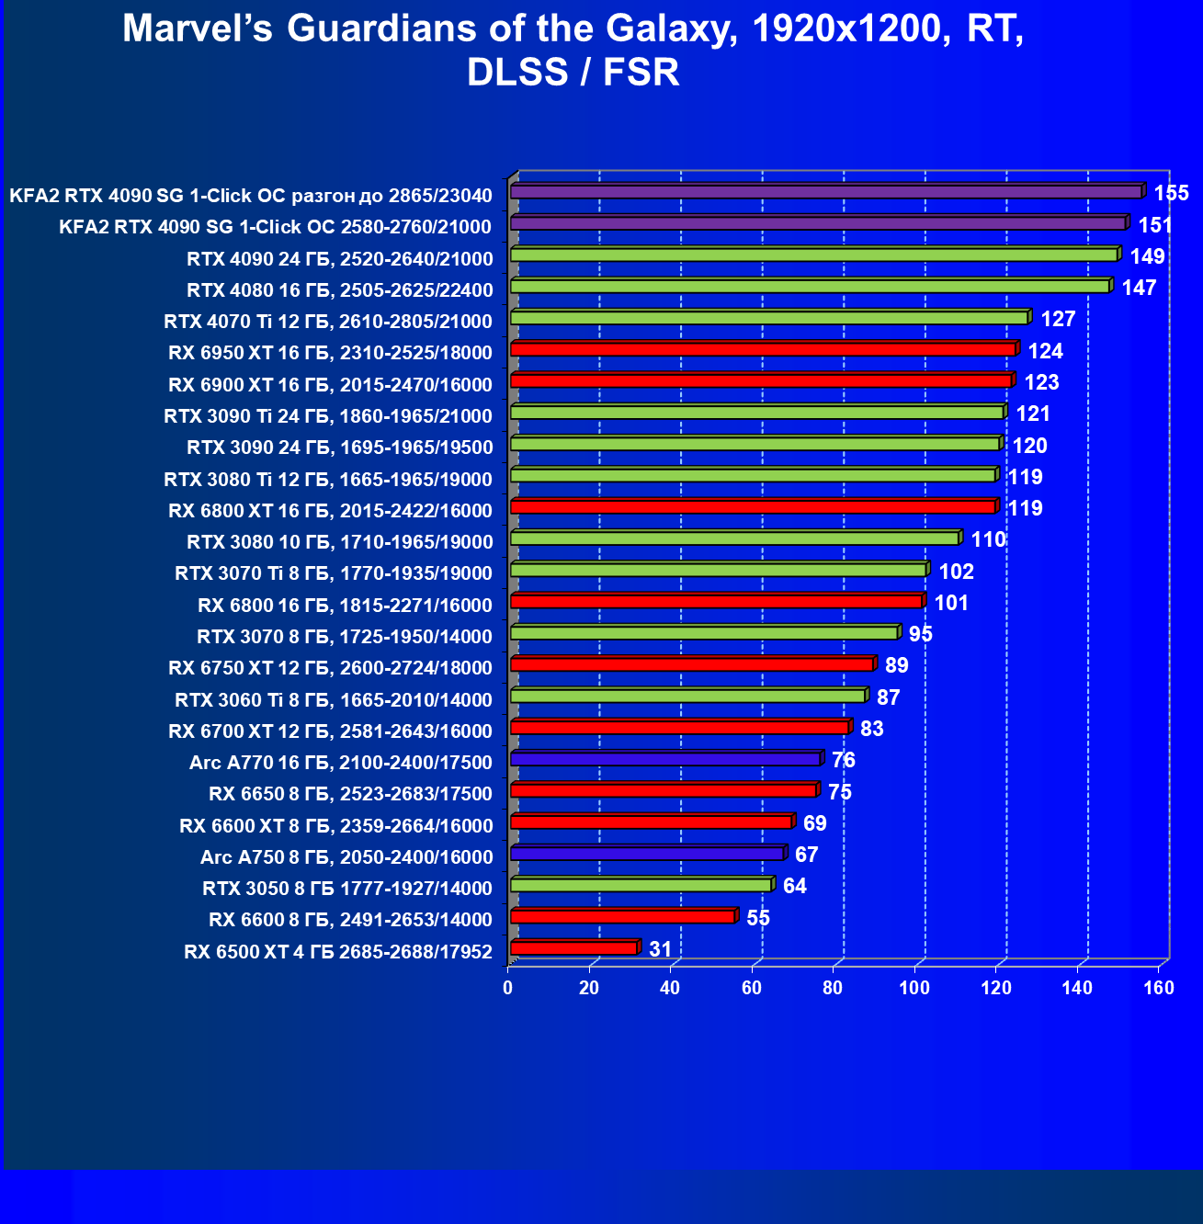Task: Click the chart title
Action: (573, 50)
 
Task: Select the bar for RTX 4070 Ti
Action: (769, 318)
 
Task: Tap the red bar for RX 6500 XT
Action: (573, 948)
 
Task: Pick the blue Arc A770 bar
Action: (665, 759)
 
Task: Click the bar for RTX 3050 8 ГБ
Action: (641, 885)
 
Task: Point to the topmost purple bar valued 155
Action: (826, 192)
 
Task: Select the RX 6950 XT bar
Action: (763, 349)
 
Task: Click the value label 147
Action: (1139, 288)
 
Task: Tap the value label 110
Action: (989, 539)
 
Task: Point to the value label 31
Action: (660, 949)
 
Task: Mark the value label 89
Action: (896, 665)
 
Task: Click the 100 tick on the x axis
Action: (914, 988)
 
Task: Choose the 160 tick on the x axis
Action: (1159, 988)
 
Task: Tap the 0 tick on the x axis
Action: (508, 988)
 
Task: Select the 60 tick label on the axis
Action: (752, 988)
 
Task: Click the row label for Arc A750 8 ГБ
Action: (346, 857)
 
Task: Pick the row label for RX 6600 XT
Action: (336, 826)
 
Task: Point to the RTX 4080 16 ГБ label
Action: (339, 290)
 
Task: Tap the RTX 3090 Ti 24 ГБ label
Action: (328, 416)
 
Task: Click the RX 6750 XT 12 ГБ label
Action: (330, 668)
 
